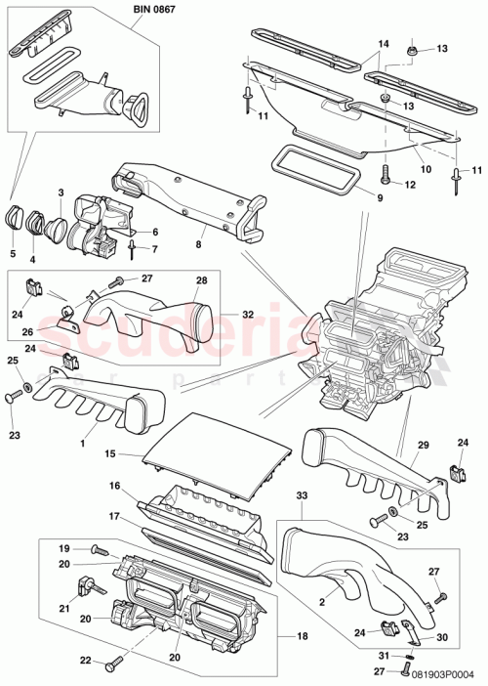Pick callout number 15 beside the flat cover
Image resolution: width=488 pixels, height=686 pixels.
[x=110, y=454]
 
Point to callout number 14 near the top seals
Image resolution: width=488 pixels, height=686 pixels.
[x=383, y=45]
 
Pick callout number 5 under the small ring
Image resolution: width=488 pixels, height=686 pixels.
[x=13, y=253]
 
